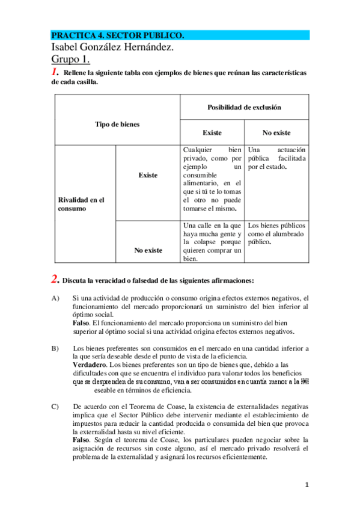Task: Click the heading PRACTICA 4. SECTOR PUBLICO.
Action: tap(118, 35)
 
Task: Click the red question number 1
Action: tap(55, 72)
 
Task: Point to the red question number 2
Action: tap(55, 279)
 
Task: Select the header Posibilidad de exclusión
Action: tap(244, 107)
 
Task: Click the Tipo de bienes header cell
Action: tap(117, 124)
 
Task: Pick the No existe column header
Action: tap(276, 132)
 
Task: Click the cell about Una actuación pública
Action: tap(276, 158)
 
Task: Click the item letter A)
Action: tap(55, 298)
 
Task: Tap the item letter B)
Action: tap(55, 348)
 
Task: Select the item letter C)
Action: tap(55, 407)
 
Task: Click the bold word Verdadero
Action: tap(90, 364)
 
